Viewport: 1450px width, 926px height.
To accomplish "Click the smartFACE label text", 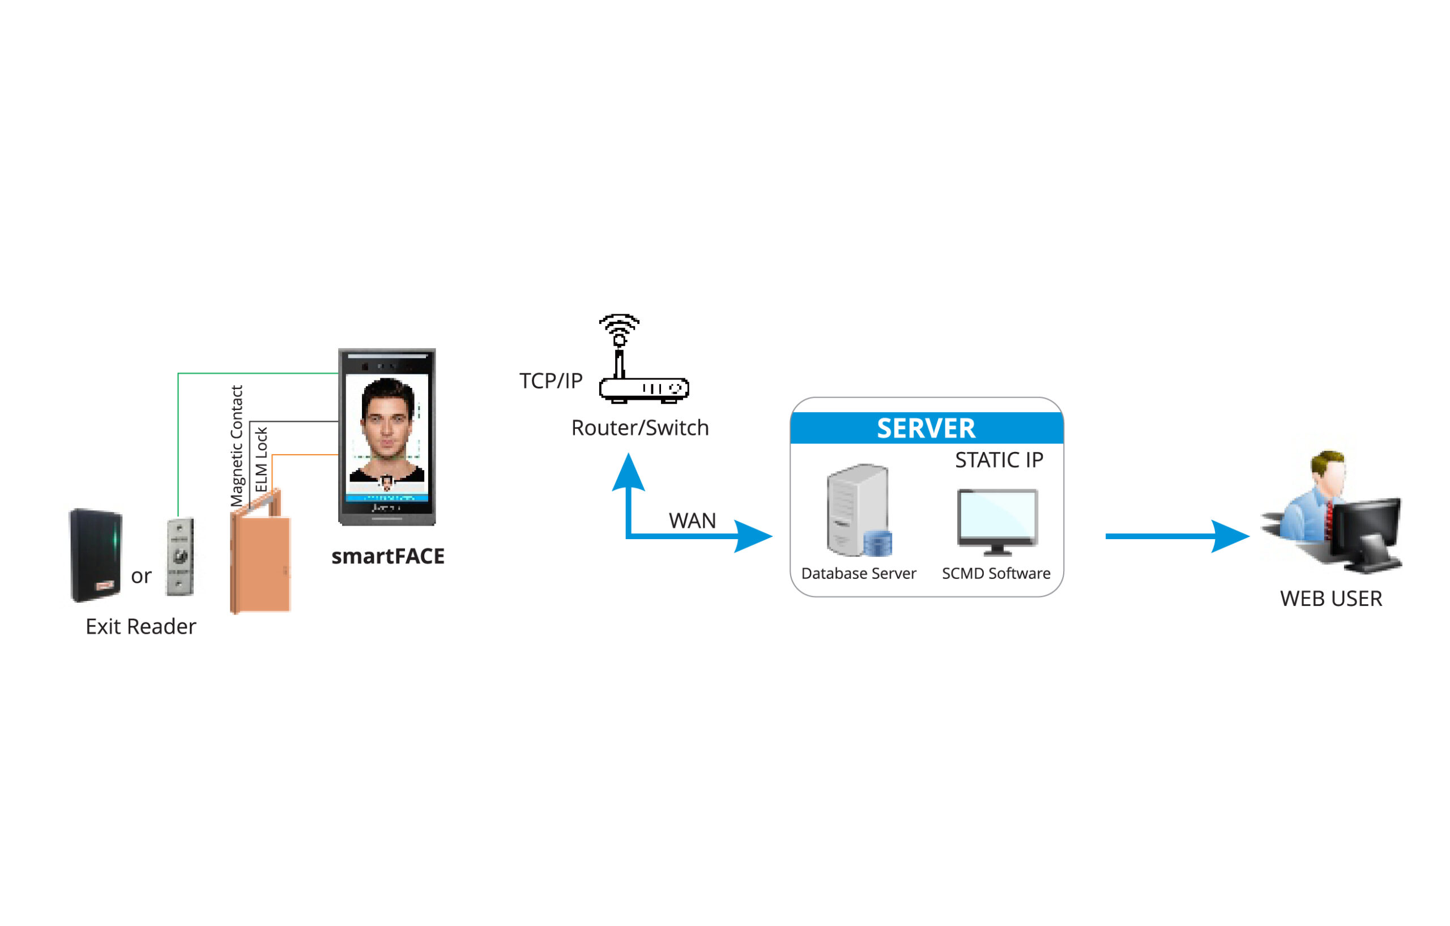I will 388,556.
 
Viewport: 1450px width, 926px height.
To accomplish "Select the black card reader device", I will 96,555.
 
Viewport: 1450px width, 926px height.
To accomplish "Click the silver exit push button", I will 180,556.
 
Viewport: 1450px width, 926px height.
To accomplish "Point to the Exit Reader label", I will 140,627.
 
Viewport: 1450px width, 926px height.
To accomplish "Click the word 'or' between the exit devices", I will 141,576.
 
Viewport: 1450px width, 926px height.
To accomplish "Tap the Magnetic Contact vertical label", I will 237,446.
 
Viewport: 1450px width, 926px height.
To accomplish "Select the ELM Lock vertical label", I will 261,459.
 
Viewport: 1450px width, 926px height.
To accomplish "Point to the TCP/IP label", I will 551,381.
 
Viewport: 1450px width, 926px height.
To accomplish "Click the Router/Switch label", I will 639,428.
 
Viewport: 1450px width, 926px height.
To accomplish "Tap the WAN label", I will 692,521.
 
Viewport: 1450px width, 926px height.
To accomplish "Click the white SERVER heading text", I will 926,429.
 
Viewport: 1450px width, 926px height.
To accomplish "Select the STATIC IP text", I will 999,460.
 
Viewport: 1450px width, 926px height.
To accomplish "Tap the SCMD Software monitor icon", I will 997,522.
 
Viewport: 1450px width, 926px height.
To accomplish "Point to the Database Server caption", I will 858,574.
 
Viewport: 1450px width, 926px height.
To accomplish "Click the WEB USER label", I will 1331,599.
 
